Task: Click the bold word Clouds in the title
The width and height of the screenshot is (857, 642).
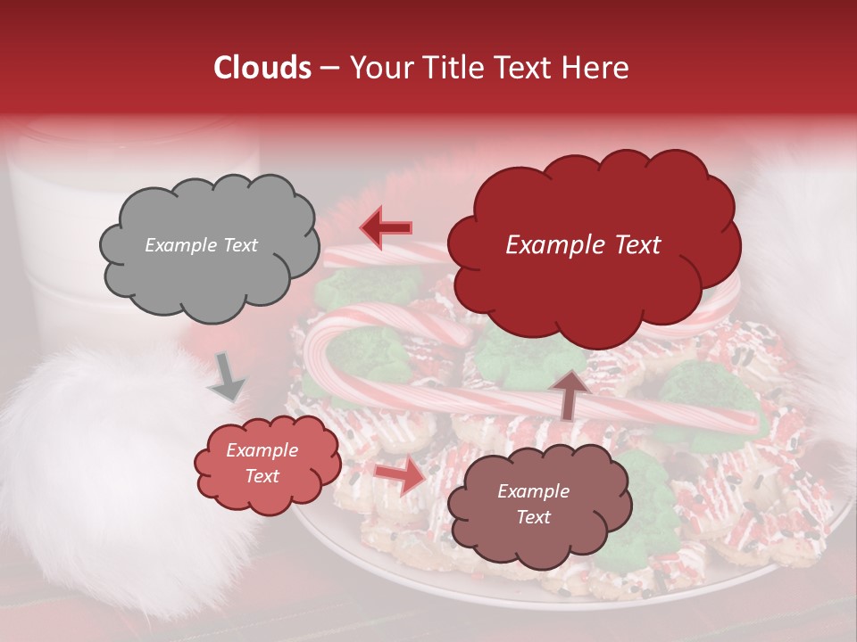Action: click(x=262, y=68)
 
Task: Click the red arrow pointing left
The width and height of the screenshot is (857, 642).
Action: click(x=386, y=228)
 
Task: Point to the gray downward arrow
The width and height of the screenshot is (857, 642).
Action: click(x=227, y=377)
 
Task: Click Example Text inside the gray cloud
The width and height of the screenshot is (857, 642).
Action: click(x=201, y=245)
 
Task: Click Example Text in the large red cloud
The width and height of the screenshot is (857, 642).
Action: click(x=583, y=245)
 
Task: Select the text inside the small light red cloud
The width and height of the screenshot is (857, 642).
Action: click(x=262, y=464)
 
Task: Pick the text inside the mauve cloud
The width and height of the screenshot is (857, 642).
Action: click(x=533, y=504)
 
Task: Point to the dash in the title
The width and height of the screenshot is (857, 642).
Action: click(x=329, y=68)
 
